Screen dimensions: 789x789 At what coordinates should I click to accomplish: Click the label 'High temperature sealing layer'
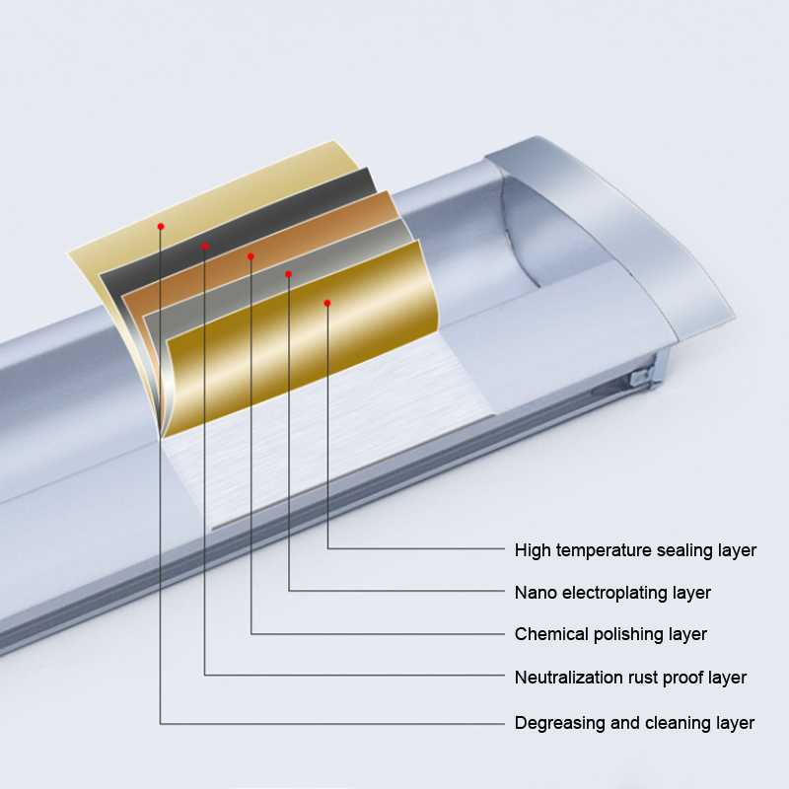click(x=635, y=550)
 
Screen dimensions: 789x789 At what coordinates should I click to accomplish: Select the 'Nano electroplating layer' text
click(x=612, y=593)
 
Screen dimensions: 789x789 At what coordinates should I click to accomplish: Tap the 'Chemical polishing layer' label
click(x=610, y=634)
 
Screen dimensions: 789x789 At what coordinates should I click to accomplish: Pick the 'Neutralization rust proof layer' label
click(x=630, y=678)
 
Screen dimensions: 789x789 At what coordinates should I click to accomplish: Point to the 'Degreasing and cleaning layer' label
click(x=634, y=723)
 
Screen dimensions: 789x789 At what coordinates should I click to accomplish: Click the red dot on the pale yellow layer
click(x=161, y=226)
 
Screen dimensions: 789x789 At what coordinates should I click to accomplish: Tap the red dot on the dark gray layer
click(x=205, y=246)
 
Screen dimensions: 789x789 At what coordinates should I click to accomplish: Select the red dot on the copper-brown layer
click(x=251, y=256)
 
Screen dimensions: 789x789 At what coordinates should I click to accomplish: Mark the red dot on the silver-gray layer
click(x=288, y=273)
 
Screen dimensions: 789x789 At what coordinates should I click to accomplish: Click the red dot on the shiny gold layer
click(x=327, y=303)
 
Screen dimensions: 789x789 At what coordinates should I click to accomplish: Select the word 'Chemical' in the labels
click(x=549, y=634)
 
